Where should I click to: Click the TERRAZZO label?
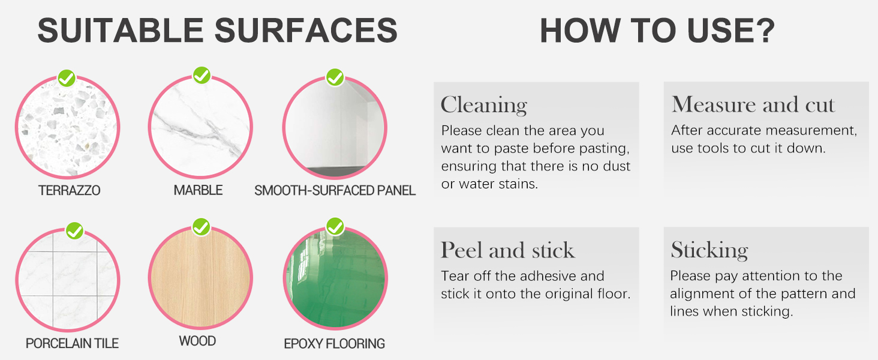(69, 191)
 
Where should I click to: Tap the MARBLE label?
(198, 190)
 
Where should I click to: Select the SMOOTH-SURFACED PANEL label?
(335, 191)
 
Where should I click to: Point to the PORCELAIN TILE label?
(72, 344)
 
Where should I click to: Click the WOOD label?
(197, 341)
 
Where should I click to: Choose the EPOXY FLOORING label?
(334, 344)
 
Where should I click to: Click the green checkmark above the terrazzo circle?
(67, 78)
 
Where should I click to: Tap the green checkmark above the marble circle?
(202, 75)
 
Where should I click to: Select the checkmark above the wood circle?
(202, 227)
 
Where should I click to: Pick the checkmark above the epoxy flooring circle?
(335, 227)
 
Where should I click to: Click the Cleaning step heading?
(483, 105)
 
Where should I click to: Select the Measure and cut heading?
(753, 104)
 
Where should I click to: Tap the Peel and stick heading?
(507, 250)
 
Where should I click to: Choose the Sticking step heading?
(709, 250)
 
